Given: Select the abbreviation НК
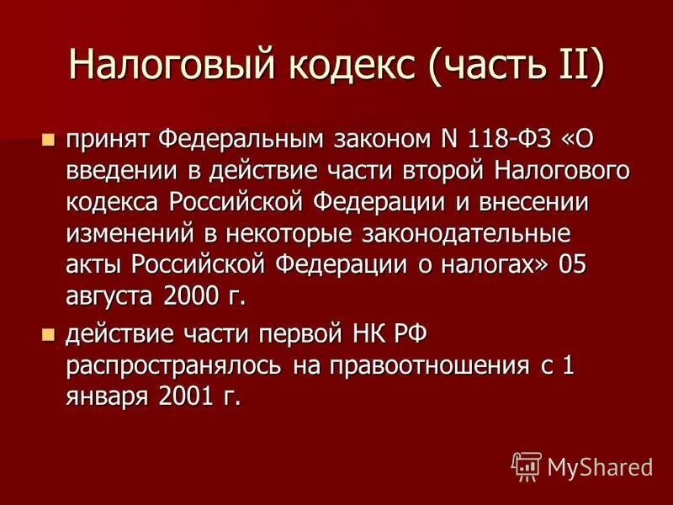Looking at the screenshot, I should click(368, 334).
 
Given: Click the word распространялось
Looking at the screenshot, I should click(173, 367).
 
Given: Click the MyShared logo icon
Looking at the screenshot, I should click(525, 465).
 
